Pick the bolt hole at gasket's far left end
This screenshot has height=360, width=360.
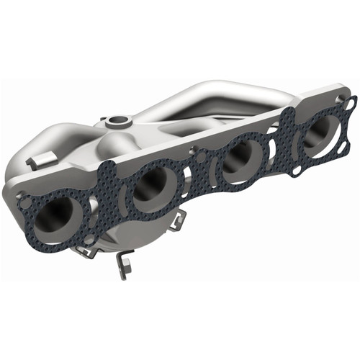25,203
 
